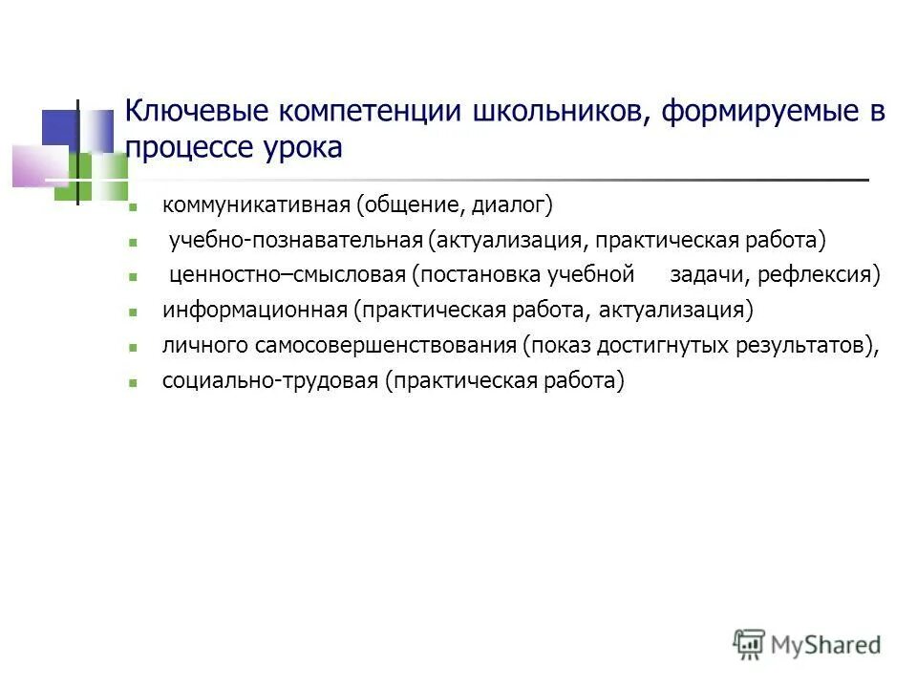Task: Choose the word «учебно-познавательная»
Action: [295, 240]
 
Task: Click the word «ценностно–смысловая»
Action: [288, 275]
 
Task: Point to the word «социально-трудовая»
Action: [270, 381]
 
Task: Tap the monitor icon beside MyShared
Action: [749, 643]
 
